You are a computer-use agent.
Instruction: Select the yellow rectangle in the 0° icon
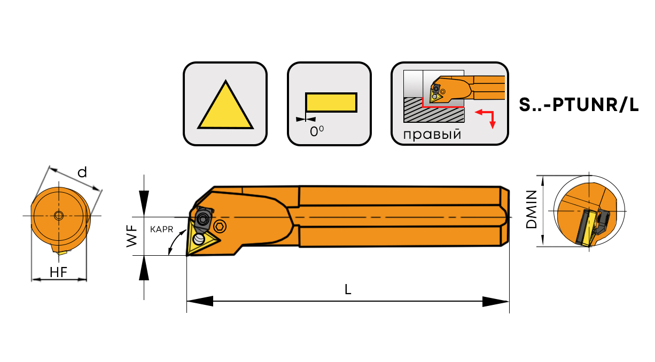coord(331,103)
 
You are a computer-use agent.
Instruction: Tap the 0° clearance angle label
coord(317,131)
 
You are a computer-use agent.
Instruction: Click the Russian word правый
coord(432,135)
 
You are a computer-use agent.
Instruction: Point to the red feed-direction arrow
coord(486,118)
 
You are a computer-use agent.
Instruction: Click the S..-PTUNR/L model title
coord(579,105)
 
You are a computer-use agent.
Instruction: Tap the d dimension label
coord(82,172)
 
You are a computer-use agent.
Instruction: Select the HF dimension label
coord(58,272)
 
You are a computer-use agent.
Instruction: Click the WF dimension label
coord(132,236)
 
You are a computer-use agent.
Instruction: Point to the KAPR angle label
coord(161,230)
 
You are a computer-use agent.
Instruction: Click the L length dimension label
coord(348,289)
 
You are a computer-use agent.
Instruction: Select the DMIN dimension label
coord(531,209)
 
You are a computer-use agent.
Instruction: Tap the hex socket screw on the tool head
coord(220,226)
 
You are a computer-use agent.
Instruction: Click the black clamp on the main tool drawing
coord(203,218)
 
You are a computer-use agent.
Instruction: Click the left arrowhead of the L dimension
coord(200,301)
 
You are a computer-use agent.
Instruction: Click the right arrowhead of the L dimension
coord(496,302)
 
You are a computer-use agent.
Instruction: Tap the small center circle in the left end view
coord(59,216)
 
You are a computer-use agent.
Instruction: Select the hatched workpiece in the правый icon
coord(434,110)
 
